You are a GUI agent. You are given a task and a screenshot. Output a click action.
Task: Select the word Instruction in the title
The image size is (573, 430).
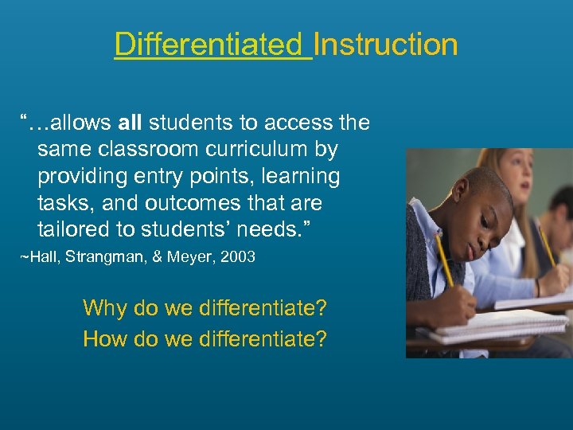[x=386, y=44]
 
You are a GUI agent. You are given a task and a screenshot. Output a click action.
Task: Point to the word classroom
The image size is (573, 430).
[x=152, y=148]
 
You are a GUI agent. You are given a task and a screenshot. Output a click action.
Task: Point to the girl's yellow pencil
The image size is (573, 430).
[x=548, y=247]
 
